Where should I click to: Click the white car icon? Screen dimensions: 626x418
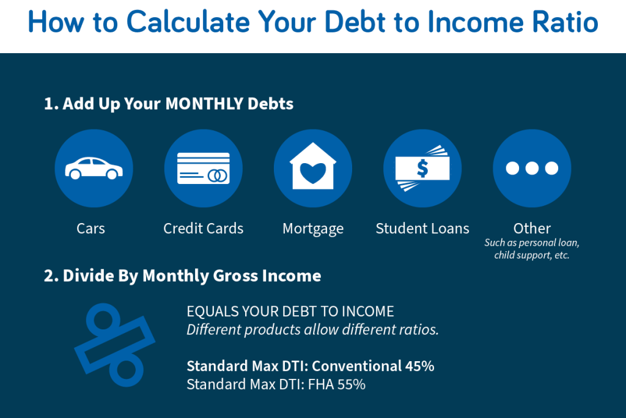point(94,168)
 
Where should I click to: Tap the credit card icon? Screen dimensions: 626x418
point(204,168)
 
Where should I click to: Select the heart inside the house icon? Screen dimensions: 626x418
point(313,173)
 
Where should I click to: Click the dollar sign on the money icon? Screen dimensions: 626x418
point(422,168)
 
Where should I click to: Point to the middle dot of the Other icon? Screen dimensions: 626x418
point(532,168)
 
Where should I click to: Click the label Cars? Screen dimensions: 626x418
point(90,229)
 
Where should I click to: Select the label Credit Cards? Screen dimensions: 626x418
point(203,229)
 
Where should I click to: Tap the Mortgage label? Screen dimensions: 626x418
point(313,229)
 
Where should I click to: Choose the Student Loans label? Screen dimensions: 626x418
point(422,229)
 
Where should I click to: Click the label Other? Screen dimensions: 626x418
point(532,229)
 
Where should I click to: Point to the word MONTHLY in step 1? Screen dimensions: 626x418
point(204,104)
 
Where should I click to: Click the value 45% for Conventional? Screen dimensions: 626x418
point(419,366)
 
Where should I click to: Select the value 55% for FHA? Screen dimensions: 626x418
point(352,384)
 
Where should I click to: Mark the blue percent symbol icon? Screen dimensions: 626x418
point(114,345)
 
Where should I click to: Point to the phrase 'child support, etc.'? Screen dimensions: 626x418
point(532,255)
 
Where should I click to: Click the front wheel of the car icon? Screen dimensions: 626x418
point(112,174)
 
